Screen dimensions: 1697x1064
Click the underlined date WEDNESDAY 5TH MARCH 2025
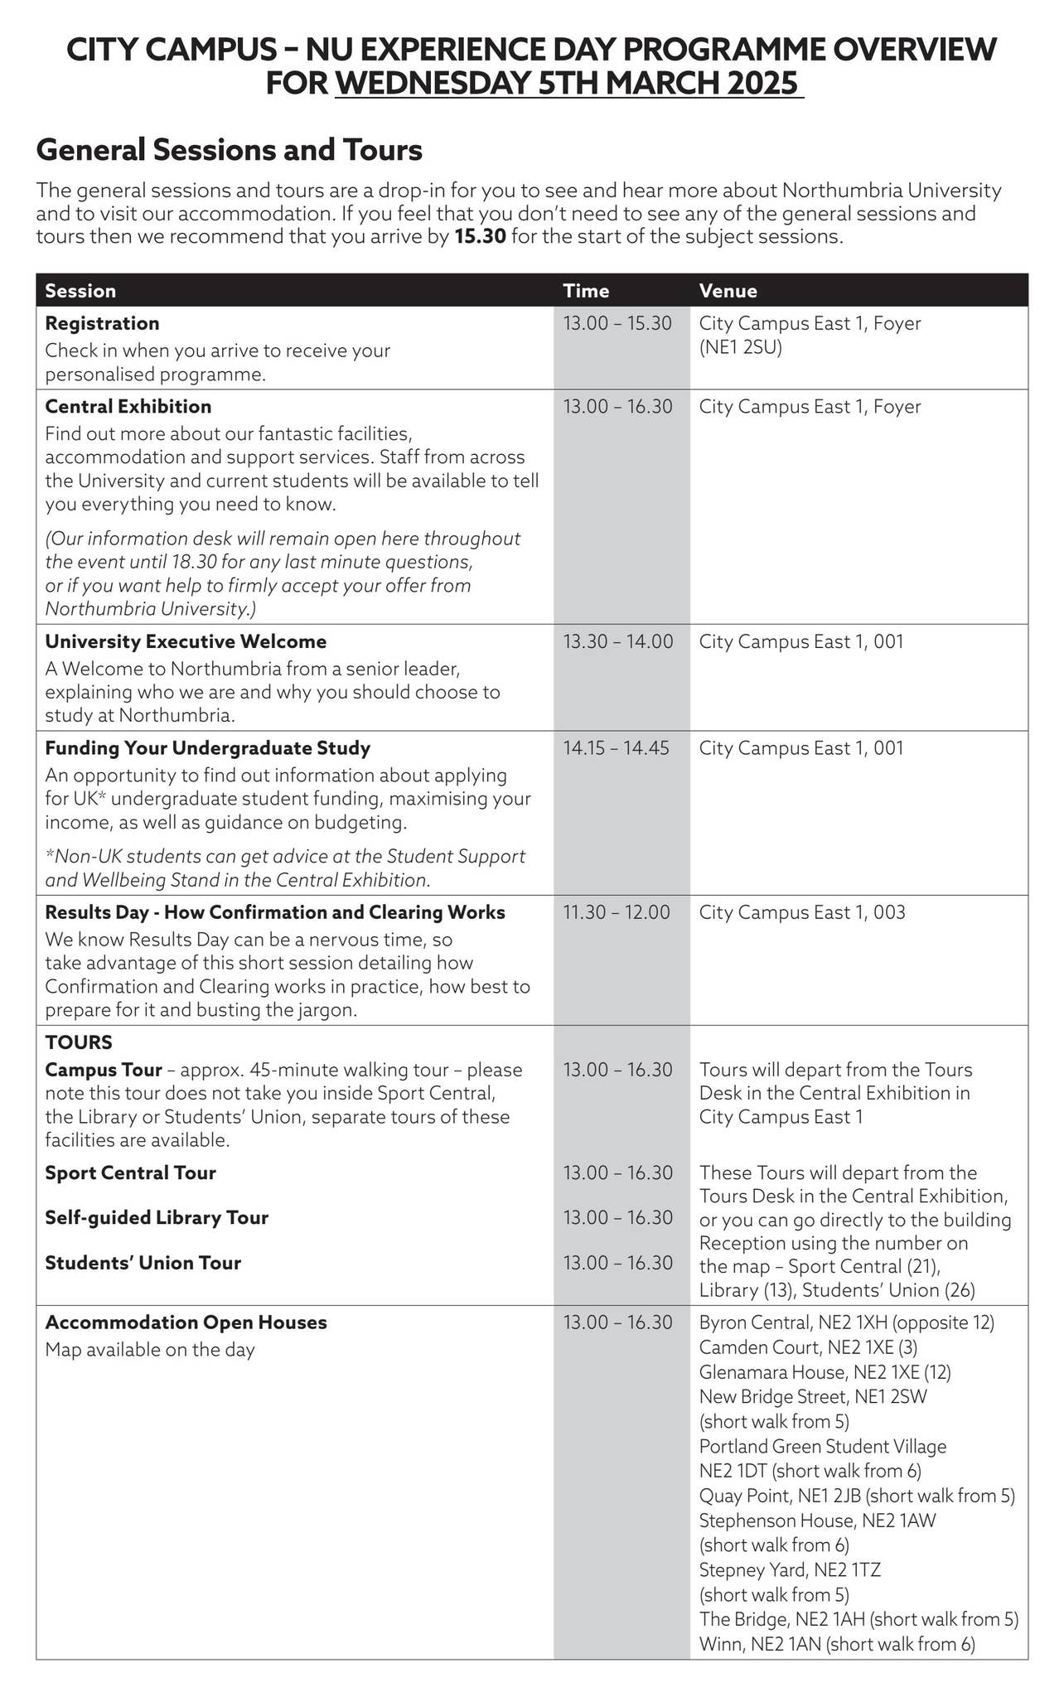pos(568,84)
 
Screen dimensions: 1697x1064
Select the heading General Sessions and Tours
pos(230,150)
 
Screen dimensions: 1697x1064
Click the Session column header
pos(80,291)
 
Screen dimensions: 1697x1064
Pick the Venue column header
pos(728,291)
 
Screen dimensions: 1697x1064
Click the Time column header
pos(586,291)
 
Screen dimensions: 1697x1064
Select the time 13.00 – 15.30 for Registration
pos(617,323)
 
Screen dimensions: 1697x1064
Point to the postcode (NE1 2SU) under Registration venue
pos(740,346)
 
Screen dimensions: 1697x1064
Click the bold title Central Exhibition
pos(128,406)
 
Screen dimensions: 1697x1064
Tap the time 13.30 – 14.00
pos(617,641)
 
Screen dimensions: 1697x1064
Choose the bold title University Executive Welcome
pos(186,641)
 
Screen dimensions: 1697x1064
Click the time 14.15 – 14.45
pos(616,748)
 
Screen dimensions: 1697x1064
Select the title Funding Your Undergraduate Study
pos(207,748)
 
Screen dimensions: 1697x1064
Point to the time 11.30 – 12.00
pos(616,912)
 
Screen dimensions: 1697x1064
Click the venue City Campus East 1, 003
pos(801,912)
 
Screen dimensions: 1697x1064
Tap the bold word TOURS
pos(79,1042)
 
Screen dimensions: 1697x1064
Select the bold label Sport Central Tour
pos(130,1172)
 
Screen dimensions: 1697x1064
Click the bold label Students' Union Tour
pos(143,1263)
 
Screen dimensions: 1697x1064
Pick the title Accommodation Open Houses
pos(186,1322)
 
